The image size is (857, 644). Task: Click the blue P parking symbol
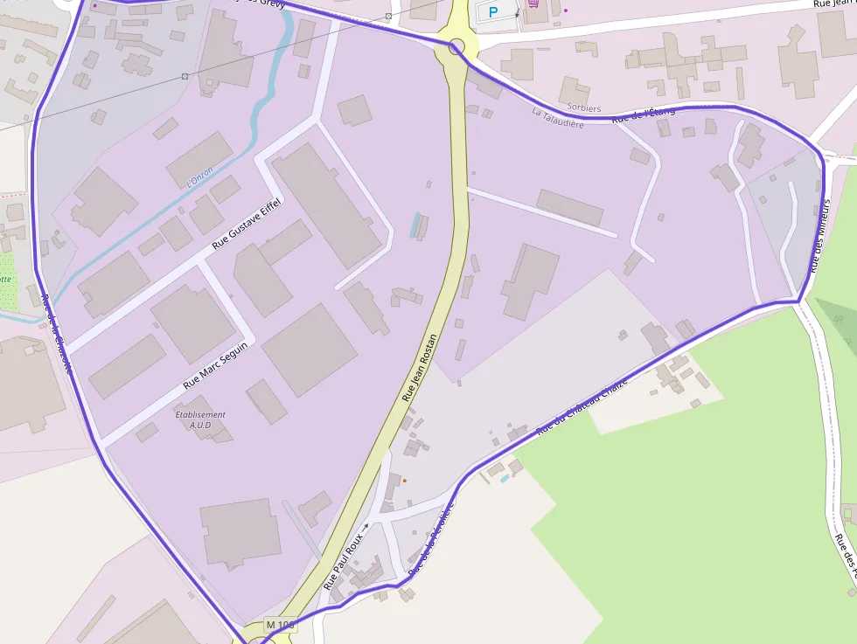492,12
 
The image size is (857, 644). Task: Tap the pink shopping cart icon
533,4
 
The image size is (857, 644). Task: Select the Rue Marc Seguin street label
215,365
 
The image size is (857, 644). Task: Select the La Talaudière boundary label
558,118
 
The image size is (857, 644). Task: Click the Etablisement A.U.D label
200,419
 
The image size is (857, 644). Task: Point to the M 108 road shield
280,625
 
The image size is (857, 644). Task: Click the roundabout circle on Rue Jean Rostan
456,46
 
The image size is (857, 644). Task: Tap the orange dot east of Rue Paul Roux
404,480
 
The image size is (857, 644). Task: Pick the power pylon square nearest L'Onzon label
185,76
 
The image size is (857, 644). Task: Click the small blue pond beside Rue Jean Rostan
415,225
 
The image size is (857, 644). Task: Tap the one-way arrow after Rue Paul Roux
365,527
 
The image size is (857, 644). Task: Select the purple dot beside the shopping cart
565,10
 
